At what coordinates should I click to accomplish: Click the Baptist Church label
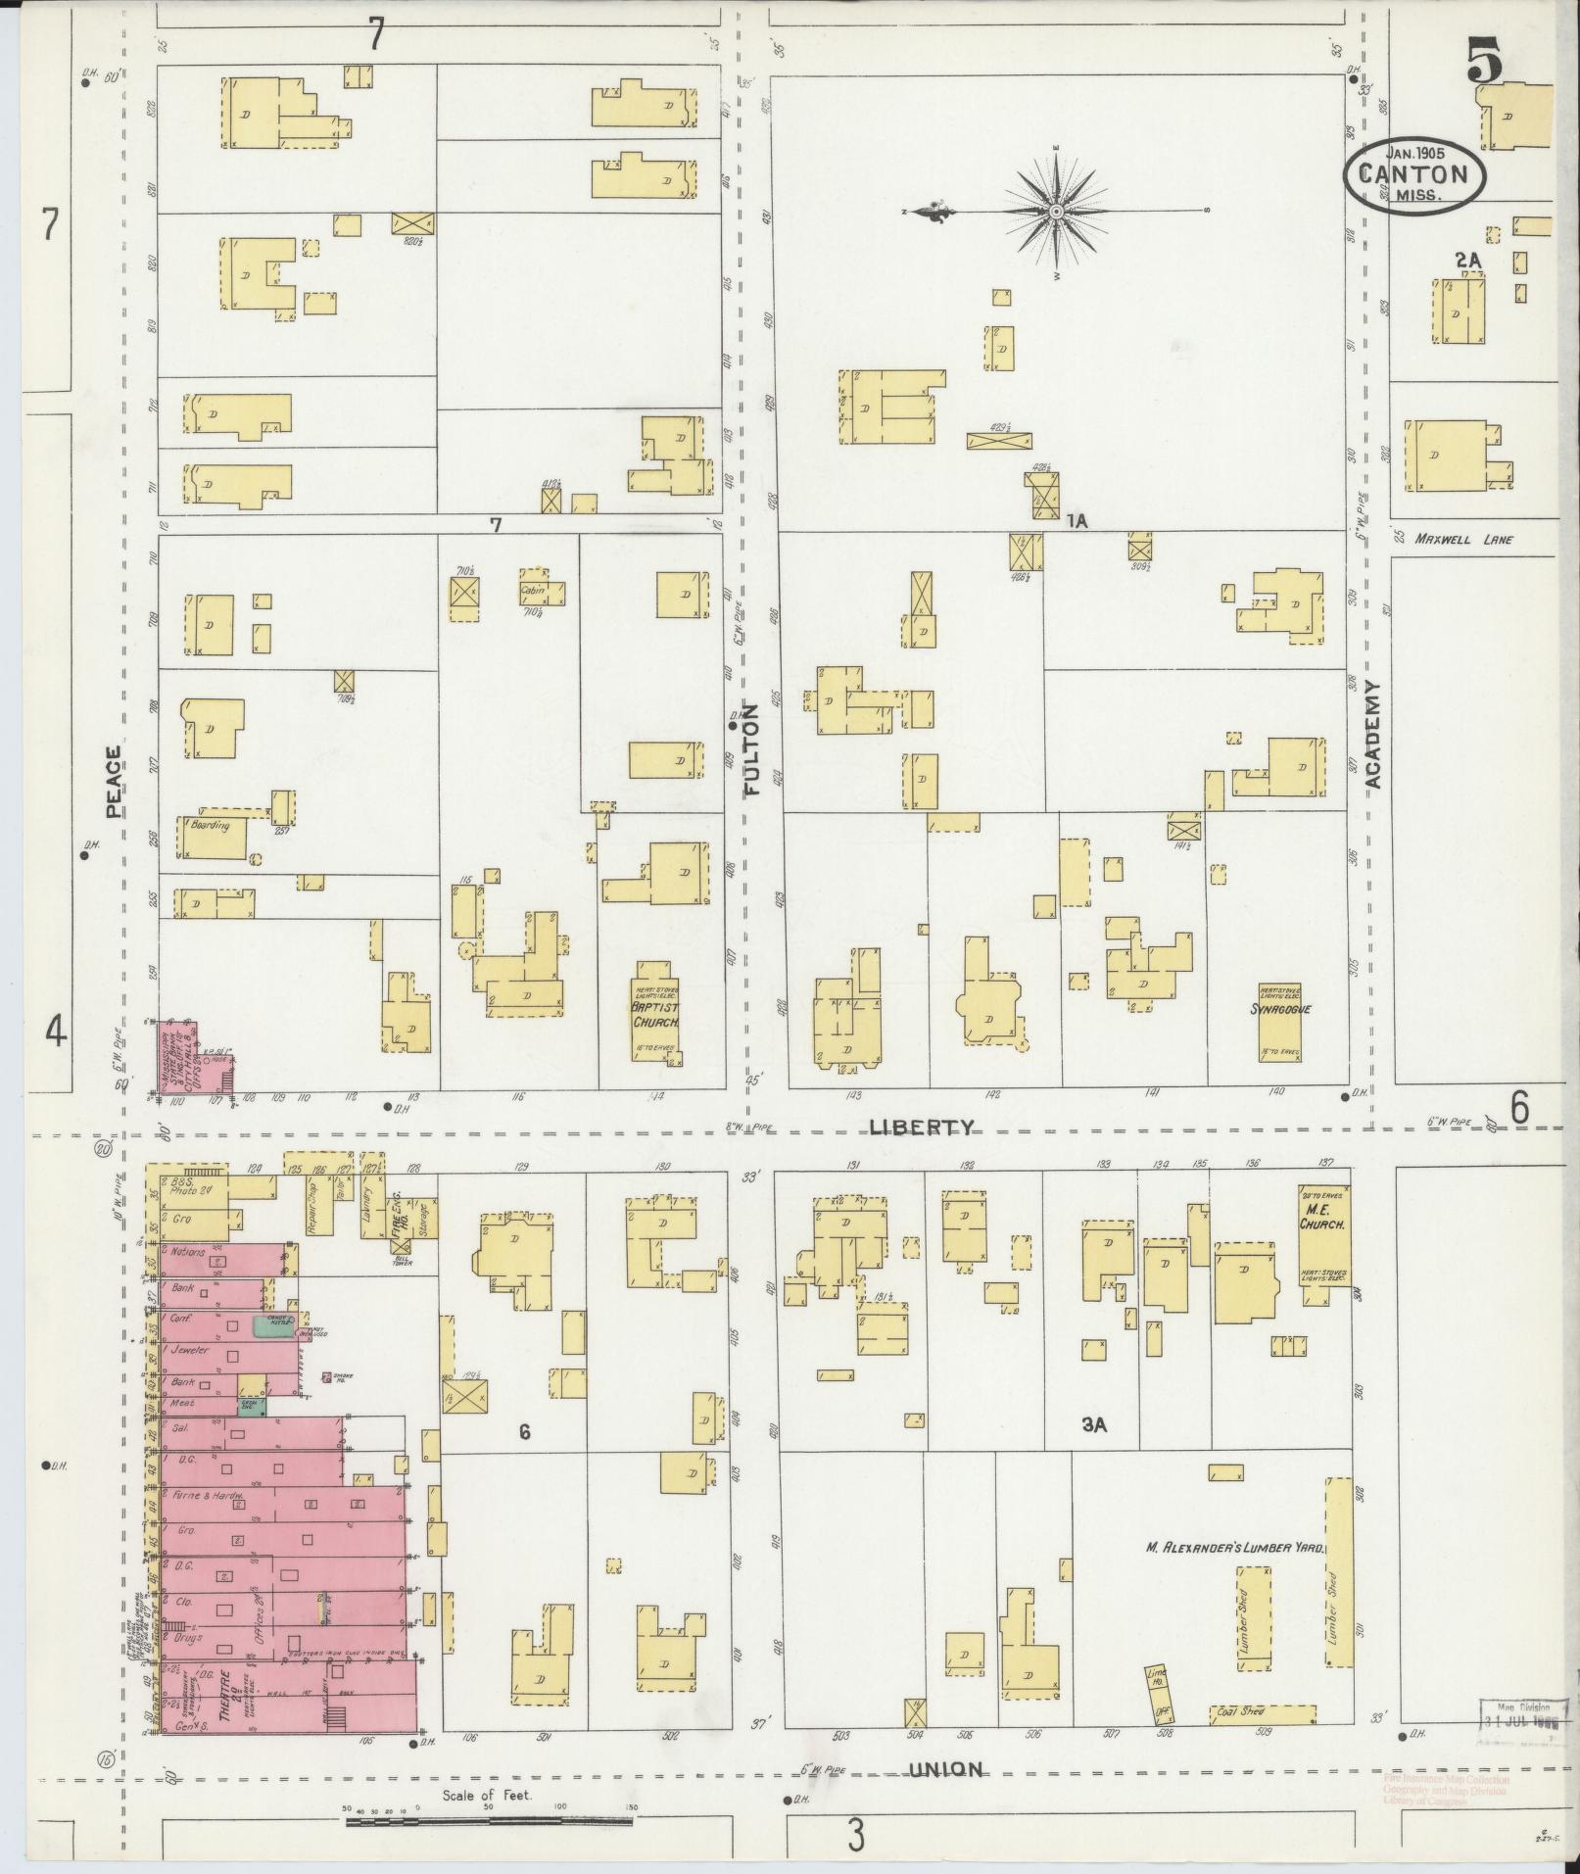[655, 1014]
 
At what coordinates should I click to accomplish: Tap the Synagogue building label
[1280, 1008]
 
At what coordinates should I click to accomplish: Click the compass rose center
[1057, 212]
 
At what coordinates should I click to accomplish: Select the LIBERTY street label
[922, 1128]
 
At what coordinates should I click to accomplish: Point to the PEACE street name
[114, 781]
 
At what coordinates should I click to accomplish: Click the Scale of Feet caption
[487, 1795]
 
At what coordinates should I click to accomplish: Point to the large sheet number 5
[1485, 65]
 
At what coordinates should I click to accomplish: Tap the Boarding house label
[210, 825]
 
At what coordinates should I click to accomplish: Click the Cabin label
[533, 590]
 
